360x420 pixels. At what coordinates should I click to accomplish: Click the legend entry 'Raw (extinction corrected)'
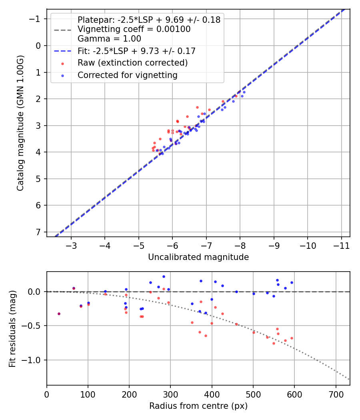point(132,63)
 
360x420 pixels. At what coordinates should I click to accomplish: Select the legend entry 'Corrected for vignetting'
point(127,75)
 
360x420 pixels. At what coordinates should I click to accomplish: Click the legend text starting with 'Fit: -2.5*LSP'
point(136,51)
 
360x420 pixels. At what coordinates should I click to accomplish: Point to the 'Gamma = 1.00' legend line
point(109,39)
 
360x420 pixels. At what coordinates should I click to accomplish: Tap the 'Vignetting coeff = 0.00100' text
point(134,29)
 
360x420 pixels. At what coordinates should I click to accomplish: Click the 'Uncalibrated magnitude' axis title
point(198,257)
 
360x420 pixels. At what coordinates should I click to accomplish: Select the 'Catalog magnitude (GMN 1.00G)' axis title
point(20,123)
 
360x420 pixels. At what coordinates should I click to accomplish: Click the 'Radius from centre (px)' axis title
point(198,406)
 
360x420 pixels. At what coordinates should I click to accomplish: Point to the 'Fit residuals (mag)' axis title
point(12,328)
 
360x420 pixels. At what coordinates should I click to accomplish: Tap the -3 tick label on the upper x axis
point(71,244)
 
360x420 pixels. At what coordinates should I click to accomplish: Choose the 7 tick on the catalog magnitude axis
point(38,232)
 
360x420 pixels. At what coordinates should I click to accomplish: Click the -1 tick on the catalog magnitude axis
point(36,19)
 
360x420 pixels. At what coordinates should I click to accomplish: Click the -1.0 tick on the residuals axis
point(34,360)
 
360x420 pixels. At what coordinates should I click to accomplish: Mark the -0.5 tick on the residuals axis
point(34,326)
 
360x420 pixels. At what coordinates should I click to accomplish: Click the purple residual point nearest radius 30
point(59,314)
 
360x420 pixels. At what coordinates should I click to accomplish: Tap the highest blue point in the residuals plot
point(164,276)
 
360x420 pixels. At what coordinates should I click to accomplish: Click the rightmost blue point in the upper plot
point(244,92)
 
